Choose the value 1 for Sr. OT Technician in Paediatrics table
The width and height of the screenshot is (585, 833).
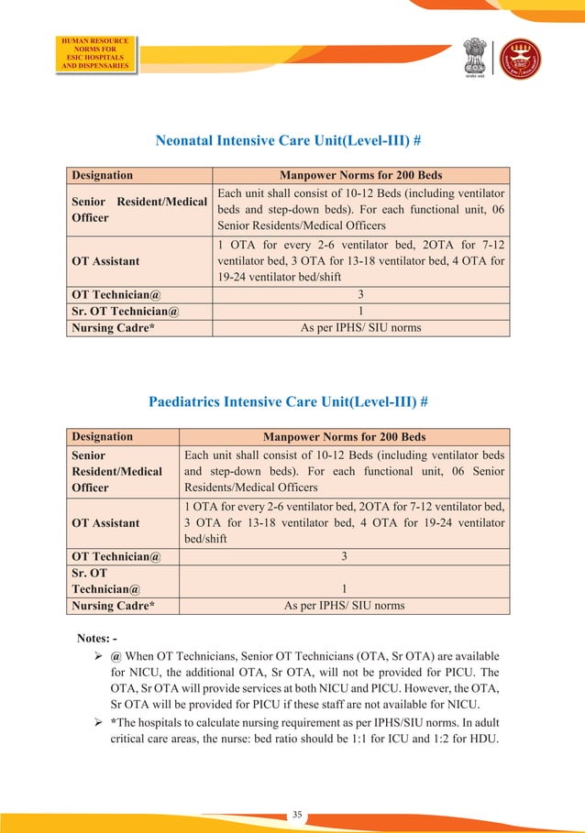point(343,589)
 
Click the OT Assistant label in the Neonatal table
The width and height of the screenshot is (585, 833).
point(105,261)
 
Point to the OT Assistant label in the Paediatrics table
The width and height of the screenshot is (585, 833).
point(105,522)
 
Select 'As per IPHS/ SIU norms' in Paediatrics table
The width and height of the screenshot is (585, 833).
point(343,606)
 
